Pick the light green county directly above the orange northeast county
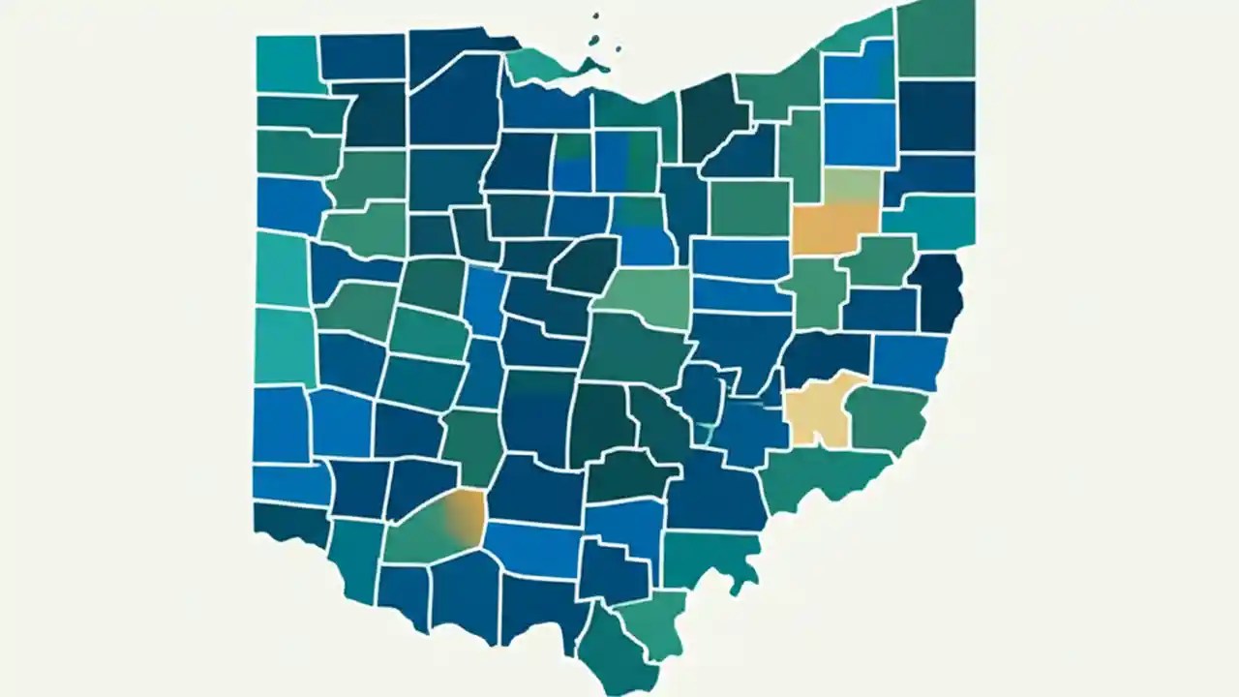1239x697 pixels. click(852, 185)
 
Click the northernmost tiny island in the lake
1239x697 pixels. click(595, 16)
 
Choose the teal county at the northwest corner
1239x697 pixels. click(287, 63)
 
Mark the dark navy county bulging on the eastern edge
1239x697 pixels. click(938, 290)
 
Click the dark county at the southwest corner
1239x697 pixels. click(290, 523)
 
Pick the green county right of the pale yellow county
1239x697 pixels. click(886, 416)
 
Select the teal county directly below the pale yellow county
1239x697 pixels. click(823, 474)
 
